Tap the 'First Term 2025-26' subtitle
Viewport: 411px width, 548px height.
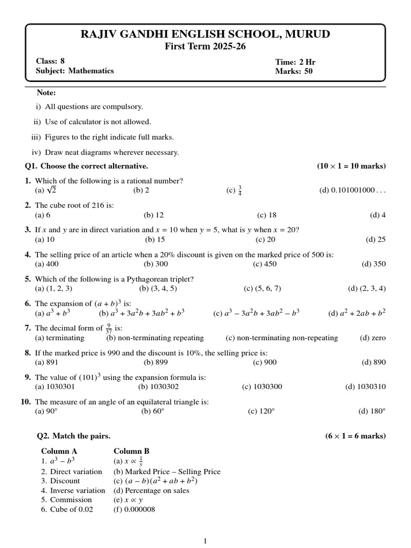[x=205, y=47]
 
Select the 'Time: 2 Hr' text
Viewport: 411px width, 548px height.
[x=295, y=62]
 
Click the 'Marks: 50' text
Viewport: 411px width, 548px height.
[x=294, y=71]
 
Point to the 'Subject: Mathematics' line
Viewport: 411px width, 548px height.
[x=75, y=71]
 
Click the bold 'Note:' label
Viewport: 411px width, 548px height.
[x=47, y=93]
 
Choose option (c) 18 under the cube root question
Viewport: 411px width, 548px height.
[x=267, y=215]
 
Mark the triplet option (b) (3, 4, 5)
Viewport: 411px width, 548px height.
[x=158, y=288]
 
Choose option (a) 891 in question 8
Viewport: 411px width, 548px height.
[x=47, y=362]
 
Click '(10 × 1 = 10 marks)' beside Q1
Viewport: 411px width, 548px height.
[x=351, y=166]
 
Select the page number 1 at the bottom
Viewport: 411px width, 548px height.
[x=205, y=541]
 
